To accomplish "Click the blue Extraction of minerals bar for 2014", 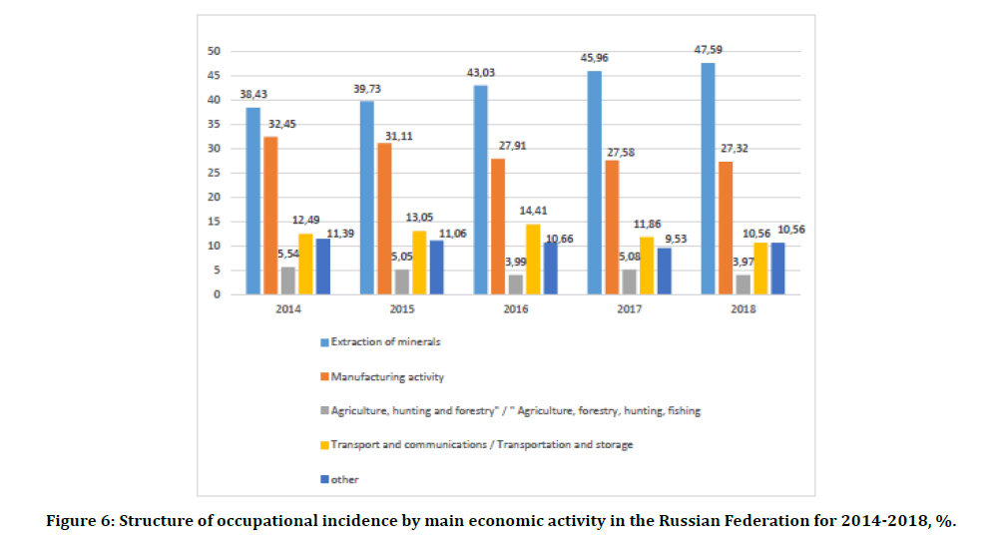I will click(x=252, y=201).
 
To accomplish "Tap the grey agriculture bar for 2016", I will click(x=515, y=284).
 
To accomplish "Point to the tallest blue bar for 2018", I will click(x=708, y=179).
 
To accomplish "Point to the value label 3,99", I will click(x=513, y=262).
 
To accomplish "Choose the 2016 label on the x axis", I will click(x=515, y=309).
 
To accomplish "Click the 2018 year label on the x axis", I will click(x=743, y=309).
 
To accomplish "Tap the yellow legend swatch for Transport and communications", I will click(x=323, y=444).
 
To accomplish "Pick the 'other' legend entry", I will click(x=345, y=479).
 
